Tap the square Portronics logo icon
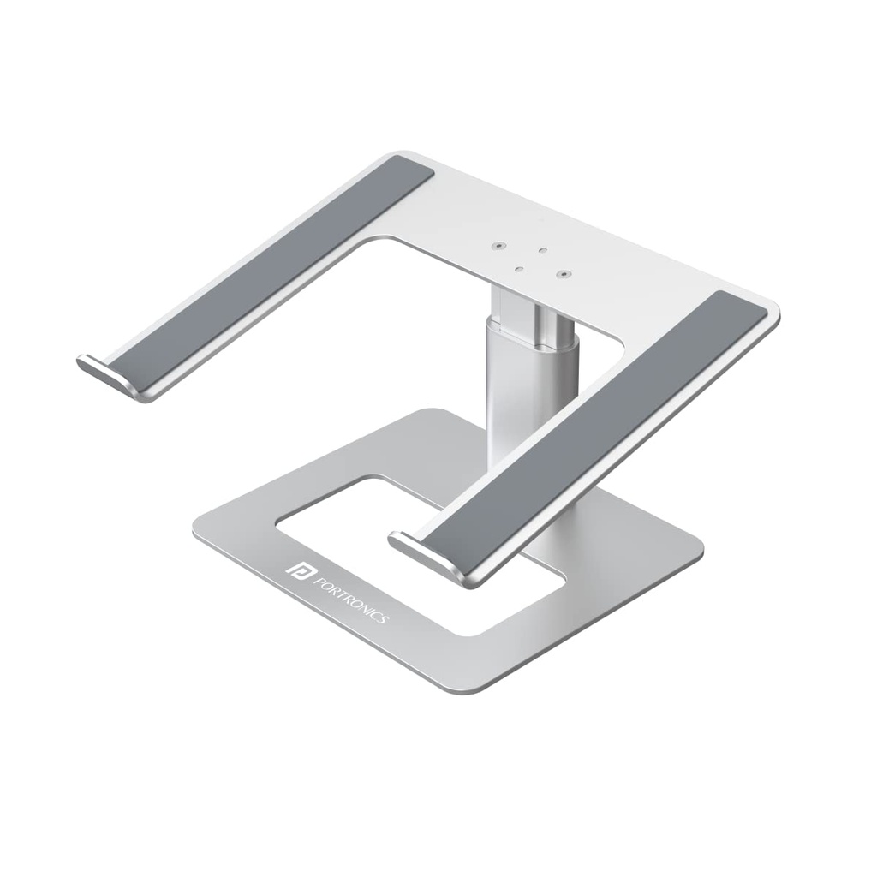301,570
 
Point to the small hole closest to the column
518,268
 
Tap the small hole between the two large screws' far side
542,251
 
